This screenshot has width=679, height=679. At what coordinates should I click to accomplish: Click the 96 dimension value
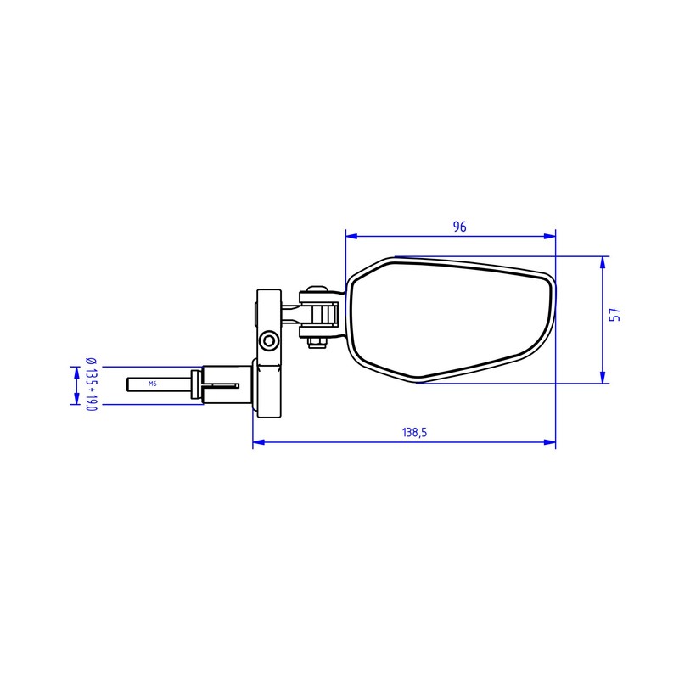coord(459,227)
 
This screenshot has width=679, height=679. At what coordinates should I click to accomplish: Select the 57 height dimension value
coord(614,315)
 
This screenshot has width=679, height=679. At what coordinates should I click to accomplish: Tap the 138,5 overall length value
coord(414,432)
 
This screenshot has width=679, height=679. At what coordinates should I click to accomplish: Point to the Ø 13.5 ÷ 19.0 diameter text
coord(91,384)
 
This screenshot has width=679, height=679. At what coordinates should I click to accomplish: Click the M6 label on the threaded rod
coord(153,384)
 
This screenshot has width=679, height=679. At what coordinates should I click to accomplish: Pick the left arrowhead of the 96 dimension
coord(351,236)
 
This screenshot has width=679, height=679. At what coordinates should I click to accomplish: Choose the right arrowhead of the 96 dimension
coord(549,236)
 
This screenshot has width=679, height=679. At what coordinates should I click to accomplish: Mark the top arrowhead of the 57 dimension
coord(603,262)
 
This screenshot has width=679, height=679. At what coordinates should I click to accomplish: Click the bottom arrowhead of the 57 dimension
coord(603,377)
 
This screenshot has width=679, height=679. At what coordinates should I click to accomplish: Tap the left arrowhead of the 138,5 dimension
coord(259,442)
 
